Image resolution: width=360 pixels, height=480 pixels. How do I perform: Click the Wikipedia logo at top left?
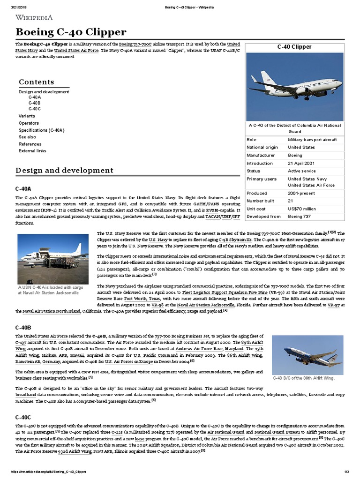(x=34, y=18)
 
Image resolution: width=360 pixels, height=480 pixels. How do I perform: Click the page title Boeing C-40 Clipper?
(x=71, y=32)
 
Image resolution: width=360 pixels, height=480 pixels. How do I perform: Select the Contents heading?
(x=36, y=82)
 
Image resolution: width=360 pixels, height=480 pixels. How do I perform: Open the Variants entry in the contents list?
(x=27, y=115)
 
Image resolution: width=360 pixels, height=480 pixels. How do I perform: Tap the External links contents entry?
(x=32, y=151)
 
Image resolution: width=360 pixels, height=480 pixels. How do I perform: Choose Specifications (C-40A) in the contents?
(x=42, y=130)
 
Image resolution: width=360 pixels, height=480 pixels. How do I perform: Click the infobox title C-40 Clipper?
(x=294, y=47)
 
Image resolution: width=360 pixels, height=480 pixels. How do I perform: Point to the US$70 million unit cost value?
(x=302, y=209)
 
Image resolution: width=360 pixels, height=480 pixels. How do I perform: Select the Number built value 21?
(x=291, y=201)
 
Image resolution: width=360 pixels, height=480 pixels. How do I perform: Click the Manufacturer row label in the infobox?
(x=262, y=155)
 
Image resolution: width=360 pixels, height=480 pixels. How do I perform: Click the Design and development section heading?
(x=64, y=170)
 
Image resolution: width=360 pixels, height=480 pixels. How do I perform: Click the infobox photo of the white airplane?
(x=294, y=86)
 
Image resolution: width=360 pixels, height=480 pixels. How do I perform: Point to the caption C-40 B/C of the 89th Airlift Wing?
(x=304, y=378)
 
